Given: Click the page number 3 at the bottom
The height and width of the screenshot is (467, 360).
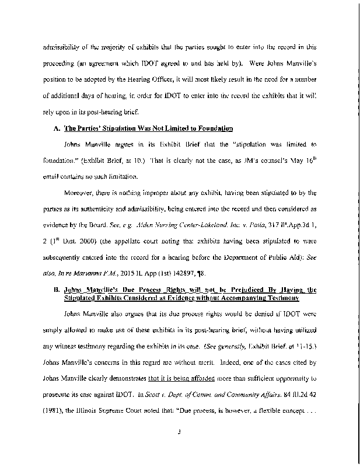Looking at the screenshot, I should point(180,433).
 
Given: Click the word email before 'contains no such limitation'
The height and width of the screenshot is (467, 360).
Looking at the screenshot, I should point(54,176).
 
